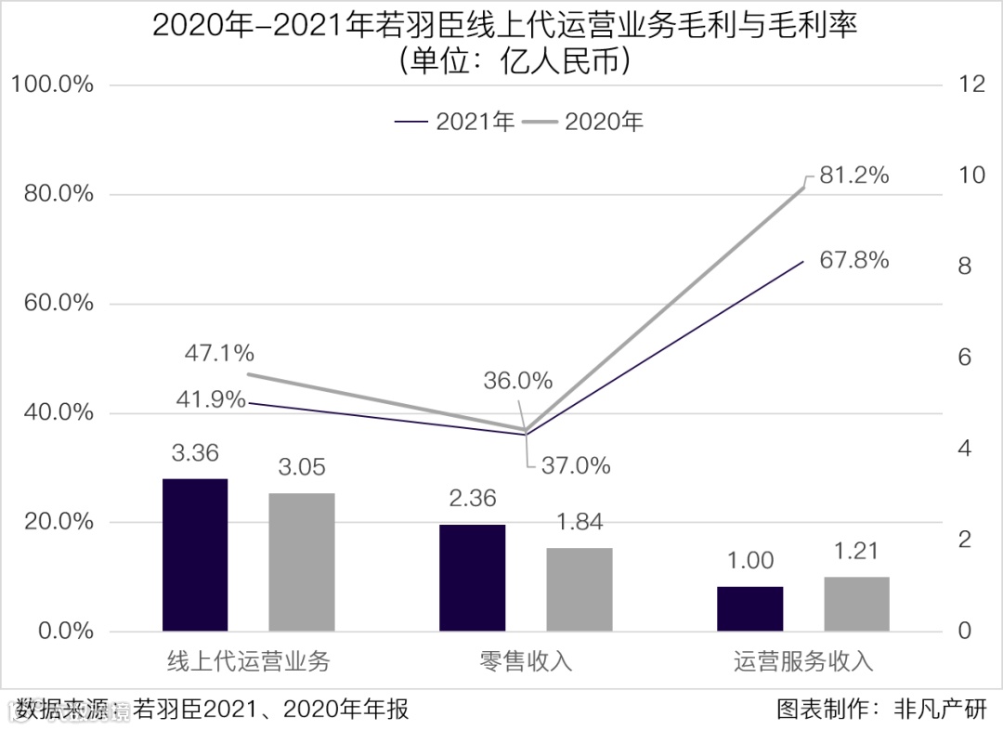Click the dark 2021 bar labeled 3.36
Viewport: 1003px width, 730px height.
click(x=195, y=554)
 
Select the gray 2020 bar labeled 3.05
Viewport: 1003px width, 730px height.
click(x=302, y=562)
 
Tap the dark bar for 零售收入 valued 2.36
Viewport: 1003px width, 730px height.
click(x=472, y=578)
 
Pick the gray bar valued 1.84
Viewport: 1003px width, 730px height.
click(x=579, y=589)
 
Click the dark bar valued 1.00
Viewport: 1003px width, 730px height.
click(x=749, y=608)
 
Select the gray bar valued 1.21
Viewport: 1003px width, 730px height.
click(x=856, y=604)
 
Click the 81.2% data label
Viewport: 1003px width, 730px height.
click(x=854, y=175)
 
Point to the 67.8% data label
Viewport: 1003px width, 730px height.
click(x=854, y=260)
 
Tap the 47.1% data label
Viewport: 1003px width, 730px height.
click(x=219, y=353)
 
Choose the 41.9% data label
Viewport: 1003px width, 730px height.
click(x=211, y=400)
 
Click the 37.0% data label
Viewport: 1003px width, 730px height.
click(x=576, y=465)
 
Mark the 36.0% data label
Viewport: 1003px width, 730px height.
click(x=517, y=380)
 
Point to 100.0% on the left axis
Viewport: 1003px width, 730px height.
click(x=52, y=85)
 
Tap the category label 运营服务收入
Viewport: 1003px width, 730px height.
click(x=804, y=661)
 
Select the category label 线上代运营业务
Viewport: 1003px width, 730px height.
click(x=248, y=661)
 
